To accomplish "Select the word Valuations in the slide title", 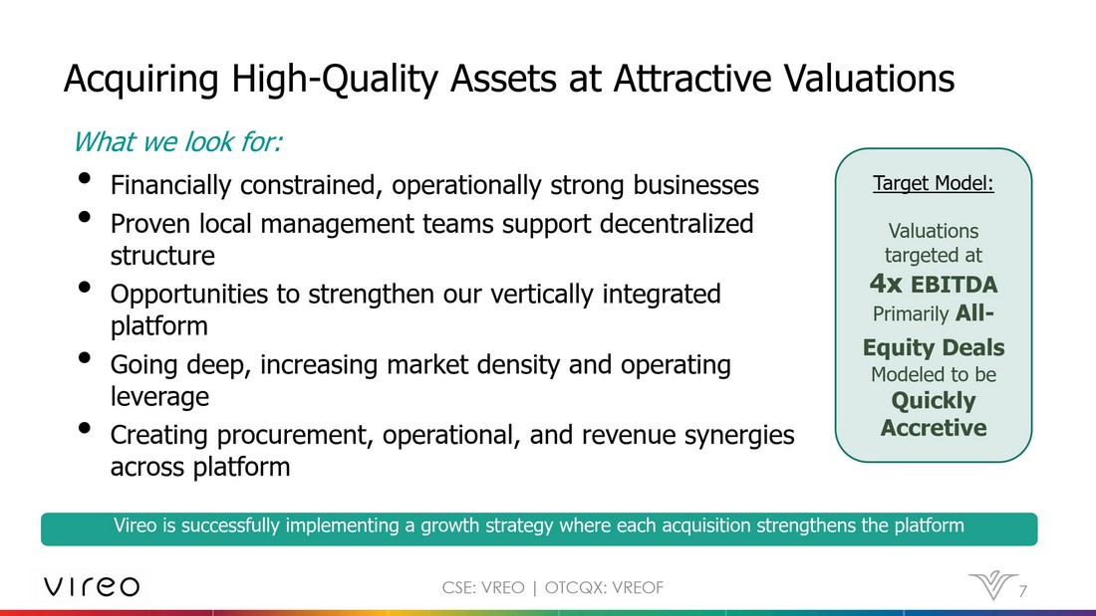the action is pos(869,78).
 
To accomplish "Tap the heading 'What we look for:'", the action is pos(177,141).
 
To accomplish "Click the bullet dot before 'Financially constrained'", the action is pos(85,178).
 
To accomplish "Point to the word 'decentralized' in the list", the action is pos(677,224).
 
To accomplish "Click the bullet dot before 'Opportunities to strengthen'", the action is pos(85,287).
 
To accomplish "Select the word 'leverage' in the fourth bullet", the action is pos(159,397).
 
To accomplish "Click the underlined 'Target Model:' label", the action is pos(934,183).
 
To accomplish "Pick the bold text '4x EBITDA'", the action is pos(934,285).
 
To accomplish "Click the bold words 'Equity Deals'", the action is pos(934,348).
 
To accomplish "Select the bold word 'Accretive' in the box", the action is pos(934,428).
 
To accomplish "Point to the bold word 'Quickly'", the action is pos(934,402).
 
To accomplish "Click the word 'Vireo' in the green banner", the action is pos(135,525).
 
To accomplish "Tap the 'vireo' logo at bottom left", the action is pos(92,586).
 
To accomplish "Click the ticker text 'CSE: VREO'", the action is pos(483,587).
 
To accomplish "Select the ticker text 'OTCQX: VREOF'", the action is pos(604,587).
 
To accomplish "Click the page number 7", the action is pos(1022,591).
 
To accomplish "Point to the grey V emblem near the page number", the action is pos(992,585).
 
